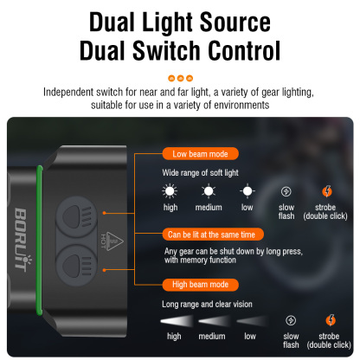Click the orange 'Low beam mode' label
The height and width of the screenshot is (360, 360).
point(200,154)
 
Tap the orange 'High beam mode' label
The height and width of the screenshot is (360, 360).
point(202,284)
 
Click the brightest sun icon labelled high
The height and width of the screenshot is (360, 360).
point(171,191)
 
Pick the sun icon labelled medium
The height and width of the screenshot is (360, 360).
point(209,191)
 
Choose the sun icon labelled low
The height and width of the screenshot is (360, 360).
point(247,191)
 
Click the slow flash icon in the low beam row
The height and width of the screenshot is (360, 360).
point(287,191)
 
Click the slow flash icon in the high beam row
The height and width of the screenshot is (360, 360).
point(290,319)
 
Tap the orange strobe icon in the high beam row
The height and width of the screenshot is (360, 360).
point(328,319)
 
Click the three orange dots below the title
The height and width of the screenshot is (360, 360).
point(179,77)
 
